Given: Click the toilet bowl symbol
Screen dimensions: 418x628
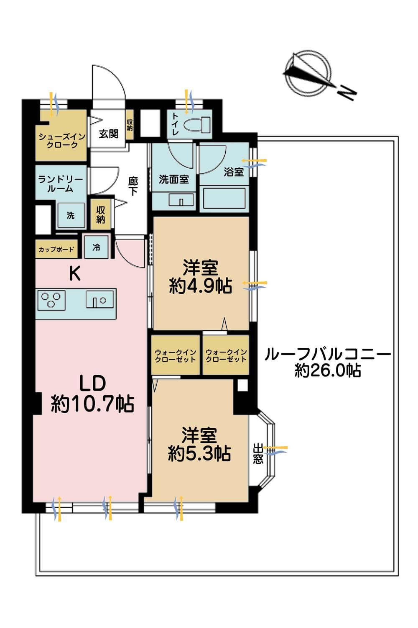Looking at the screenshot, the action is (x=197, y=124).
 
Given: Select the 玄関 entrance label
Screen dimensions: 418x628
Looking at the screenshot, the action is (x=109, y=134).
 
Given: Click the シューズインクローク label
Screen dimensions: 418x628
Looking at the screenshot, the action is (x=62, y=141).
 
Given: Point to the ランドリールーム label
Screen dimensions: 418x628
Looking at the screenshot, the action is (x=61, y=184).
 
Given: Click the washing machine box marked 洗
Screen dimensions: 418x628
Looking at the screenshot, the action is (x=71, y=215).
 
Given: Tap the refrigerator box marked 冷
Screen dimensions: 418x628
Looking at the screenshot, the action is (x=96, y=247).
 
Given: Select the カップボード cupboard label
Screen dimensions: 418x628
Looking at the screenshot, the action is (x=56, y=249).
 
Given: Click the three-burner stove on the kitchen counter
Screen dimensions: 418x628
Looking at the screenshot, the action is (x=51, y=300).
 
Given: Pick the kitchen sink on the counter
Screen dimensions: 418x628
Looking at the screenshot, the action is (x=100, y=299).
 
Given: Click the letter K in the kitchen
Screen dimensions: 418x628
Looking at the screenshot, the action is (x=75, y=274).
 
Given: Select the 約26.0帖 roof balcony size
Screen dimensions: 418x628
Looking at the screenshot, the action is (x=328, y=371).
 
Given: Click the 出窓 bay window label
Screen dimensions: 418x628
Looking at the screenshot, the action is (x=258, y=453).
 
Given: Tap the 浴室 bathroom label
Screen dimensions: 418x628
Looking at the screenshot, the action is (x=234, y=172).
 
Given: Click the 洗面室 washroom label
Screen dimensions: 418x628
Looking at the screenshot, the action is (x=173, y=179).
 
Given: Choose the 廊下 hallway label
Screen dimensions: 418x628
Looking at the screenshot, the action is (x=133, y=186).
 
